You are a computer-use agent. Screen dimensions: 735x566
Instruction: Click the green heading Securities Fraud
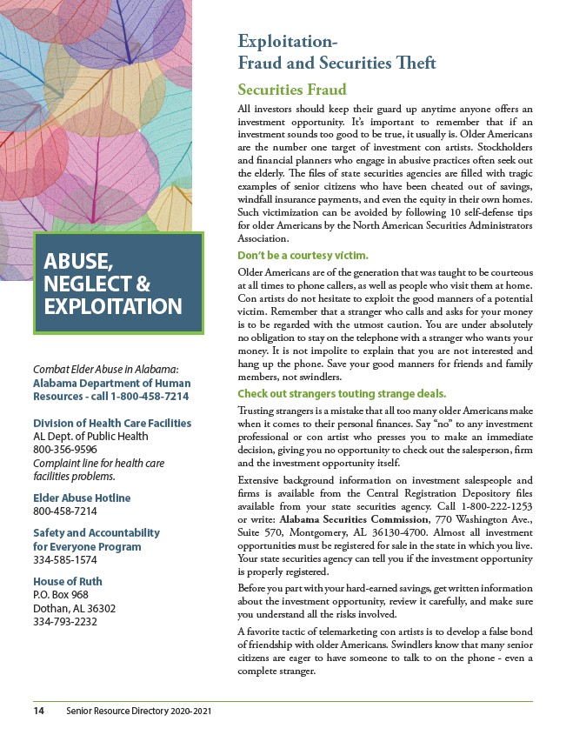292,90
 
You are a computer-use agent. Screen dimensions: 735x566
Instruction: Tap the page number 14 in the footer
39,712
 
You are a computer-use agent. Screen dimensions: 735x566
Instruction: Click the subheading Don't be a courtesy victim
303,256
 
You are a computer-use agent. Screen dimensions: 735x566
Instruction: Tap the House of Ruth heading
67,581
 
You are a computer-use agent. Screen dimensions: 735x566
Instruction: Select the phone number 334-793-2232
64,621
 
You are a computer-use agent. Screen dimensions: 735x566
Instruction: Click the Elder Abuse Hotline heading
82,498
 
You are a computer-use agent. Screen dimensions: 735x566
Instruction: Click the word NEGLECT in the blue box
88,284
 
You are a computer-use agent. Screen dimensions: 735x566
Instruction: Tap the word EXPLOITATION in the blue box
113,306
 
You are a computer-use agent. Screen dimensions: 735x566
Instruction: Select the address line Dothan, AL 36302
77,608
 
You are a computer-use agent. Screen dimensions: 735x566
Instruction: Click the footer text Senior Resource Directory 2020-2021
138,712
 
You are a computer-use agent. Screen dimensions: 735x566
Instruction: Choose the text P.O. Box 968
63,595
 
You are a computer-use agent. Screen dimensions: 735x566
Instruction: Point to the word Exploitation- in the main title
287,42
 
